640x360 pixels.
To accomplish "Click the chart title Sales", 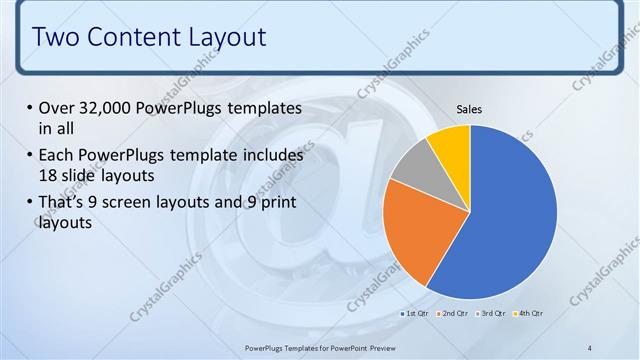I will pyautogui.click(x=470, y=108).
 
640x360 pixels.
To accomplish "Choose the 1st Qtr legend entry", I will pyautogui.click(x=417, y=314).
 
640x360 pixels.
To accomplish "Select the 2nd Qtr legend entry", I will pyautogui.click(x=455, y=314).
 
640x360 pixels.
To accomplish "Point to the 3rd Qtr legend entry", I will pyautogui.click(x=493, y=314).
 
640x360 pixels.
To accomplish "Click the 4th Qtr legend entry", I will pyautogui.click(x=530, y=314).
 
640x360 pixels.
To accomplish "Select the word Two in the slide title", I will pyautogui.click(x=55, y=38).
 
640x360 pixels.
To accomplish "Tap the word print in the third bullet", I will pyautogui.click(x=277, y=203).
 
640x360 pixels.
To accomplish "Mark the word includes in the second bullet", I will pyautogui.click(x=271, y=156).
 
